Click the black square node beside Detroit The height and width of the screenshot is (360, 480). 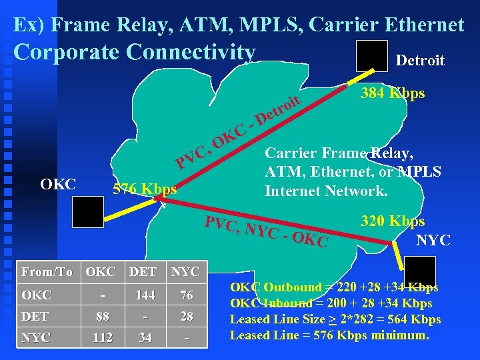tap(371, 55)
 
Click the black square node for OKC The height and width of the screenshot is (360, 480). tap(89, 211)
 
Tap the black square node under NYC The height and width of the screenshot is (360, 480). tap(420, 271)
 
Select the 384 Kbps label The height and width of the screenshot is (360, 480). tap(393, 93)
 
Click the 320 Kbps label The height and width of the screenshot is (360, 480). tap(393, 221)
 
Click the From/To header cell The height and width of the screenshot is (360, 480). tap(46, 272)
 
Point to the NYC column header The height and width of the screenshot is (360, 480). tap(185, 272)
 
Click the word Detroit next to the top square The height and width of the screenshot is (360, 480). tap(420, 61)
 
